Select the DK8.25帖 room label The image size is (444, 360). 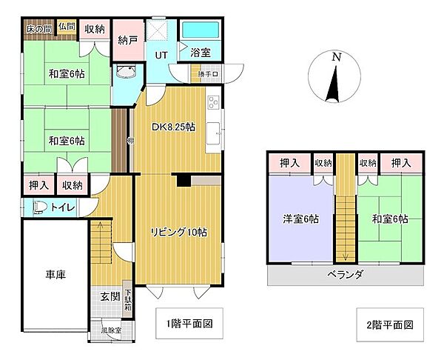click(x=173, y=127)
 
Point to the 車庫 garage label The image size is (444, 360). click(x=55, y=275)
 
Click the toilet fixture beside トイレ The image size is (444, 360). click(x=39, y=208)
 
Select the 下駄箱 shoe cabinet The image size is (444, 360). click(x=127, y=299)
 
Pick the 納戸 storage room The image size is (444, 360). click(x=127, y=41)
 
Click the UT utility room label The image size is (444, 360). click(x=161, y=53)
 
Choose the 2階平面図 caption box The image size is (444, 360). click(x=388, y=324)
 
